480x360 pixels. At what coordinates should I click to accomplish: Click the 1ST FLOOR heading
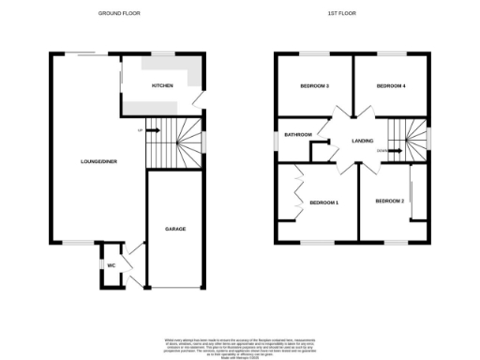click(338, 14)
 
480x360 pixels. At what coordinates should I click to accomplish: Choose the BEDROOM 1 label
click(323, 202)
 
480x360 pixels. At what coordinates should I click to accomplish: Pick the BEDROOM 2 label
click(389, 202)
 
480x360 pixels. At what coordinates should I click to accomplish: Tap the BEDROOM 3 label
click(313, 86)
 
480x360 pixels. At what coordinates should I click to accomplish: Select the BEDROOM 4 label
click(391, 86)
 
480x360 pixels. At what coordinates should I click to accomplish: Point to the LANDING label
click(363, 142)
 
